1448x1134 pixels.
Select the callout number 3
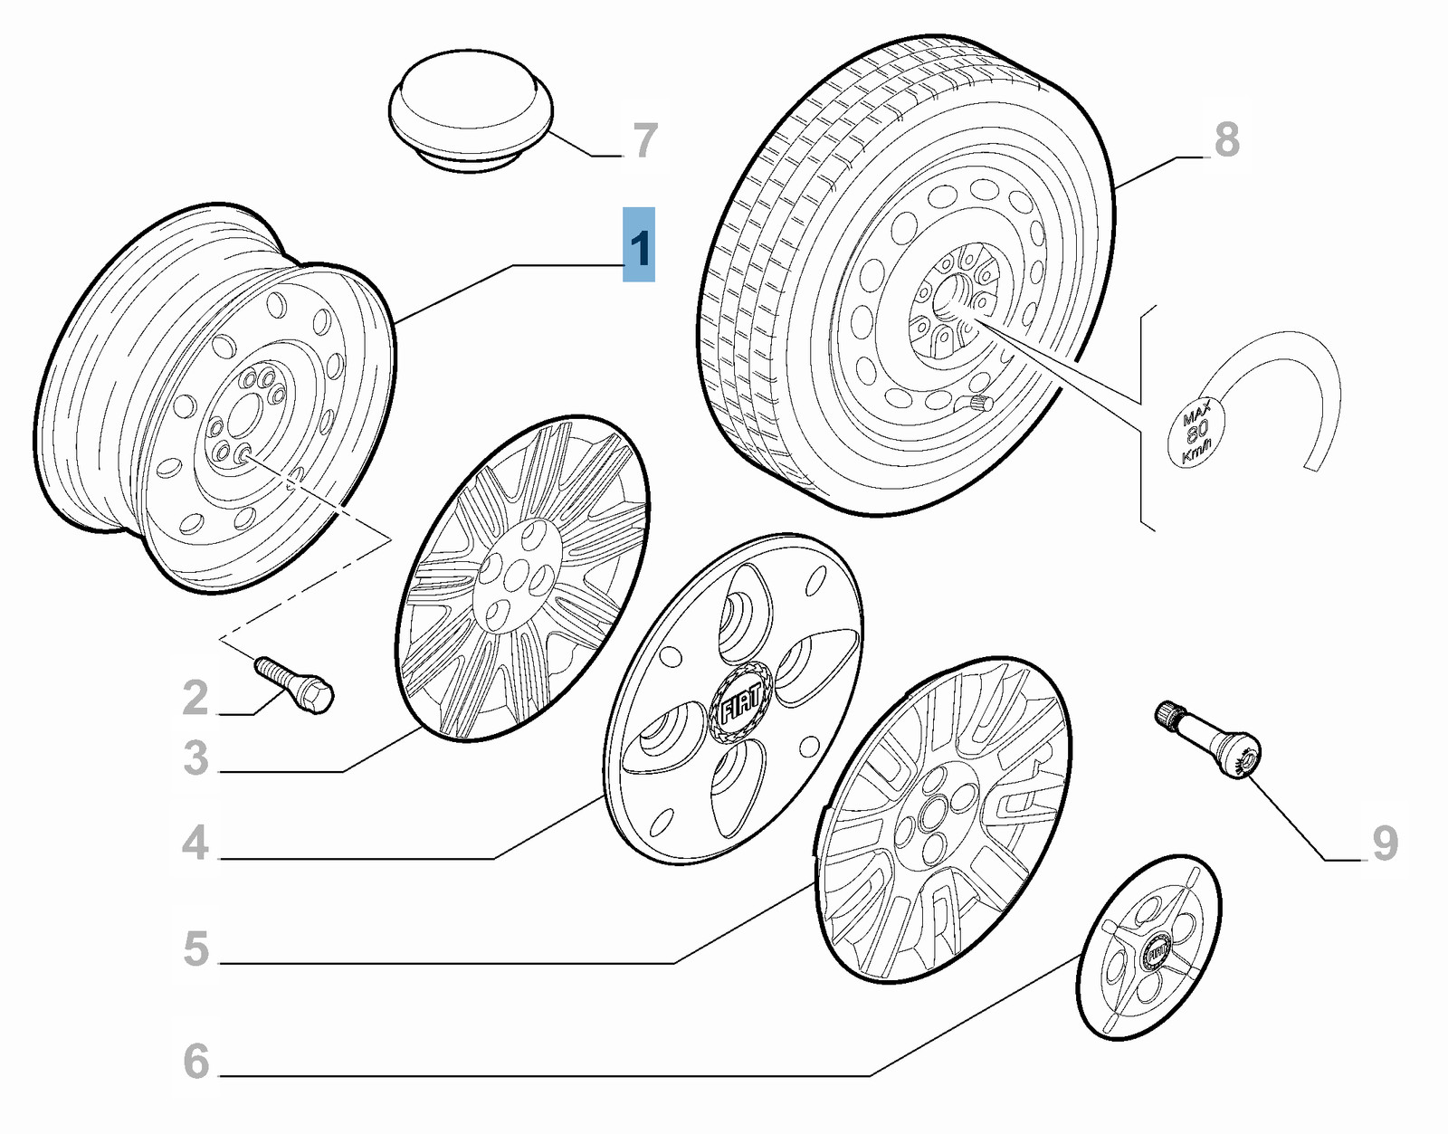point(195,758)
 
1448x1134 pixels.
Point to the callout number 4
point(195,843)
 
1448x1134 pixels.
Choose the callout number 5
point(195,949)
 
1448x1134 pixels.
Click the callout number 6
point(195,1062)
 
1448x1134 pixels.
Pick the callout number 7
point(643,140)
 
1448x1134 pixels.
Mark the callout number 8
point(1227,140)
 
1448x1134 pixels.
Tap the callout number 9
point(1385,843)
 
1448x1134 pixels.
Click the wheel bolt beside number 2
point(294,685)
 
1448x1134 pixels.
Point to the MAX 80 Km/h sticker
point(1197,434)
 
